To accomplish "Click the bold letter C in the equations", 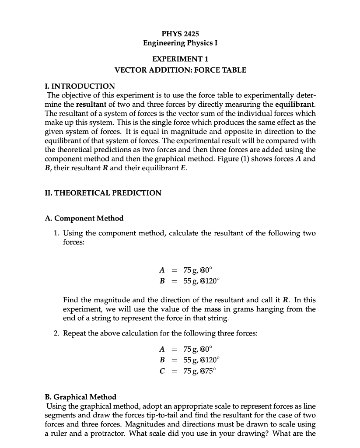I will [162, 371].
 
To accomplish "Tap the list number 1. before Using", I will [57, 233].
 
